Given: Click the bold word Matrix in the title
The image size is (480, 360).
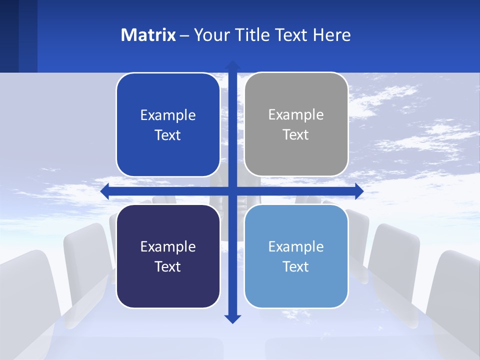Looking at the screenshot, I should (x=148, y=35).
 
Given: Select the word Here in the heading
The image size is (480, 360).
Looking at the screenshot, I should (x=331, y=35).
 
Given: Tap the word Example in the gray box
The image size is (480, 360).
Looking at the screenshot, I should (x=296, y=114).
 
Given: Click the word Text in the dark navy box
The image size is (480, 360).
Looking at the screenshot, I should (x=168, y=266).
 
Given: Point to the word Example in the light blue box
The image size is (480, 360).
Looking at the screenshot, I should (x=296, y=246).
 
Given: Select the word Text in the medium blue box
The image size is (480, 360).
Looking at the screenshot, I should (x=168, y=135).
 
